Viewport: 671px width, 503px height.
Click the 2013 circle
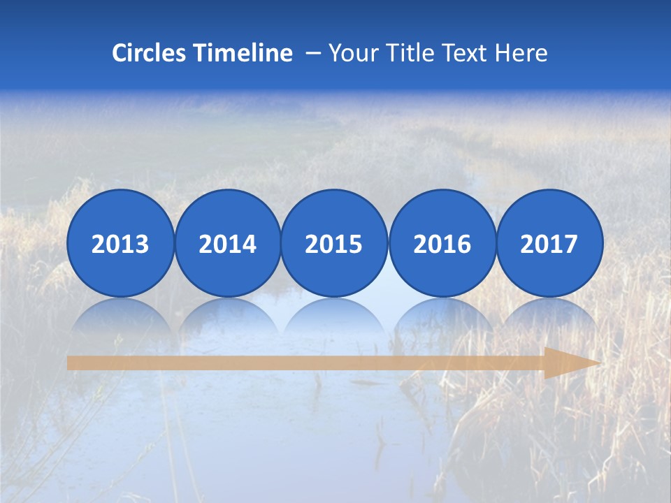point(120,243)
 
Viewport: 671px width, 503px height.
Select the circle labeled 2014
point(228,243)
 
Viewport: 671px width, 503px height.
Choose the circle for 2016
point(442,243)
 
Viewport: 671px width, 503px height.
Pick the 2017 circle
point(549,243)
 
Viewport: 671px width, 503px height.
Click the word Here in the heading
point(521,53)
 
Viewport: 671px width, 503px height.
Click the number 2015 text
point(334,245)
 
